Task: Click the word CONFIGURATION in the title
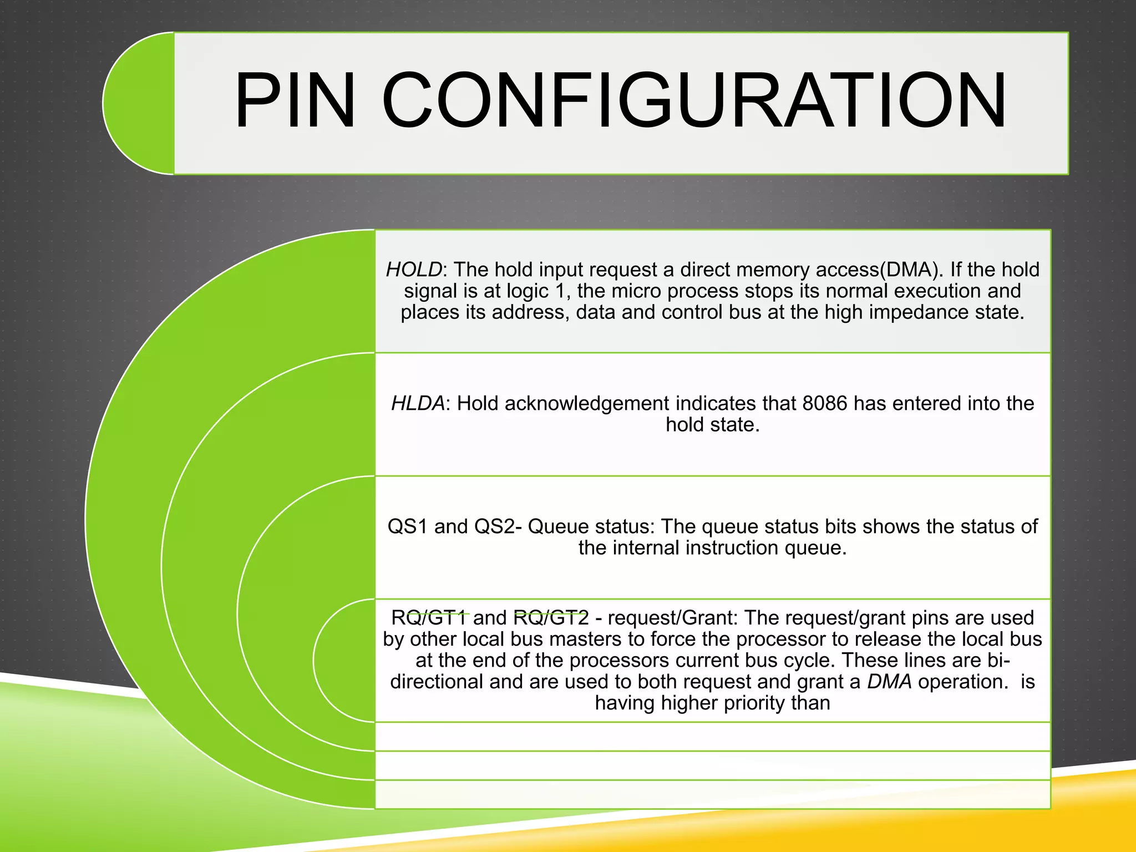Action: click(x=694, y=101)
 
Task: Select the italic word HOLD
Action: click(x=414, y=270)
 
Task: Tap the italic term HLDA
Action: click(x=418, y=403)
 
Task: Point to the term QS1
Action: click(x=408, y=526)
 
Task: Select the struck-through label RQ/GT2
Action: click(x=551, y=617)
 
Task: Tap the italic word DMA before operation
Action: click(x=889, y=682)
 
